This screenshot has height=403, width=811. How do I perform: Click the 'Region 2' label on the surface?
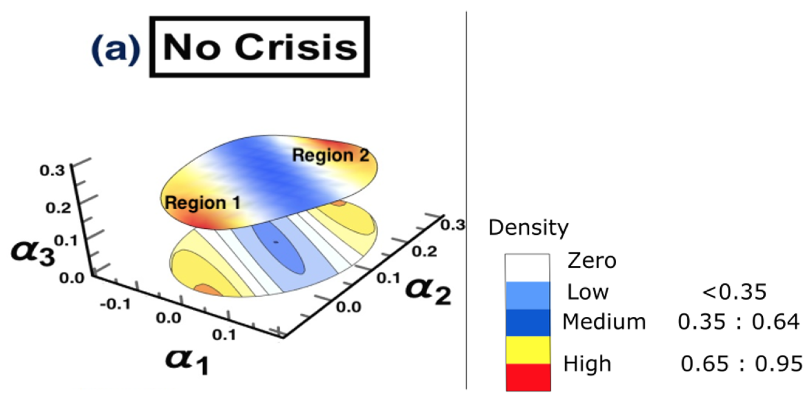point(331,156)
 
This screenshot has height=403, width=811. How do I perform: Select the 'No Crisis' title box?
point(259,47)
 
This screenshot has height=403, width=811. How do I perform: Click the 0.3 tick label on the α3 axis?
point(52,171)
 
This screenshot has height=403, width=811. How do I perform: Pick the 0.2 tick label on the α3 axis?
point(58,208)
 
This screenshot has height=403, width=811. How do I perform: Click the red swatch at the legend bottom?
point(528,377)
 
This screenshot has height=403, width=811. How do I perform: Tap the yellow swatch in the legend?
point(528,349)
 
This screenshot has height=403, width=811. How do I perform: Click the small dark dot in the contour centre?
point(276,242)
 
